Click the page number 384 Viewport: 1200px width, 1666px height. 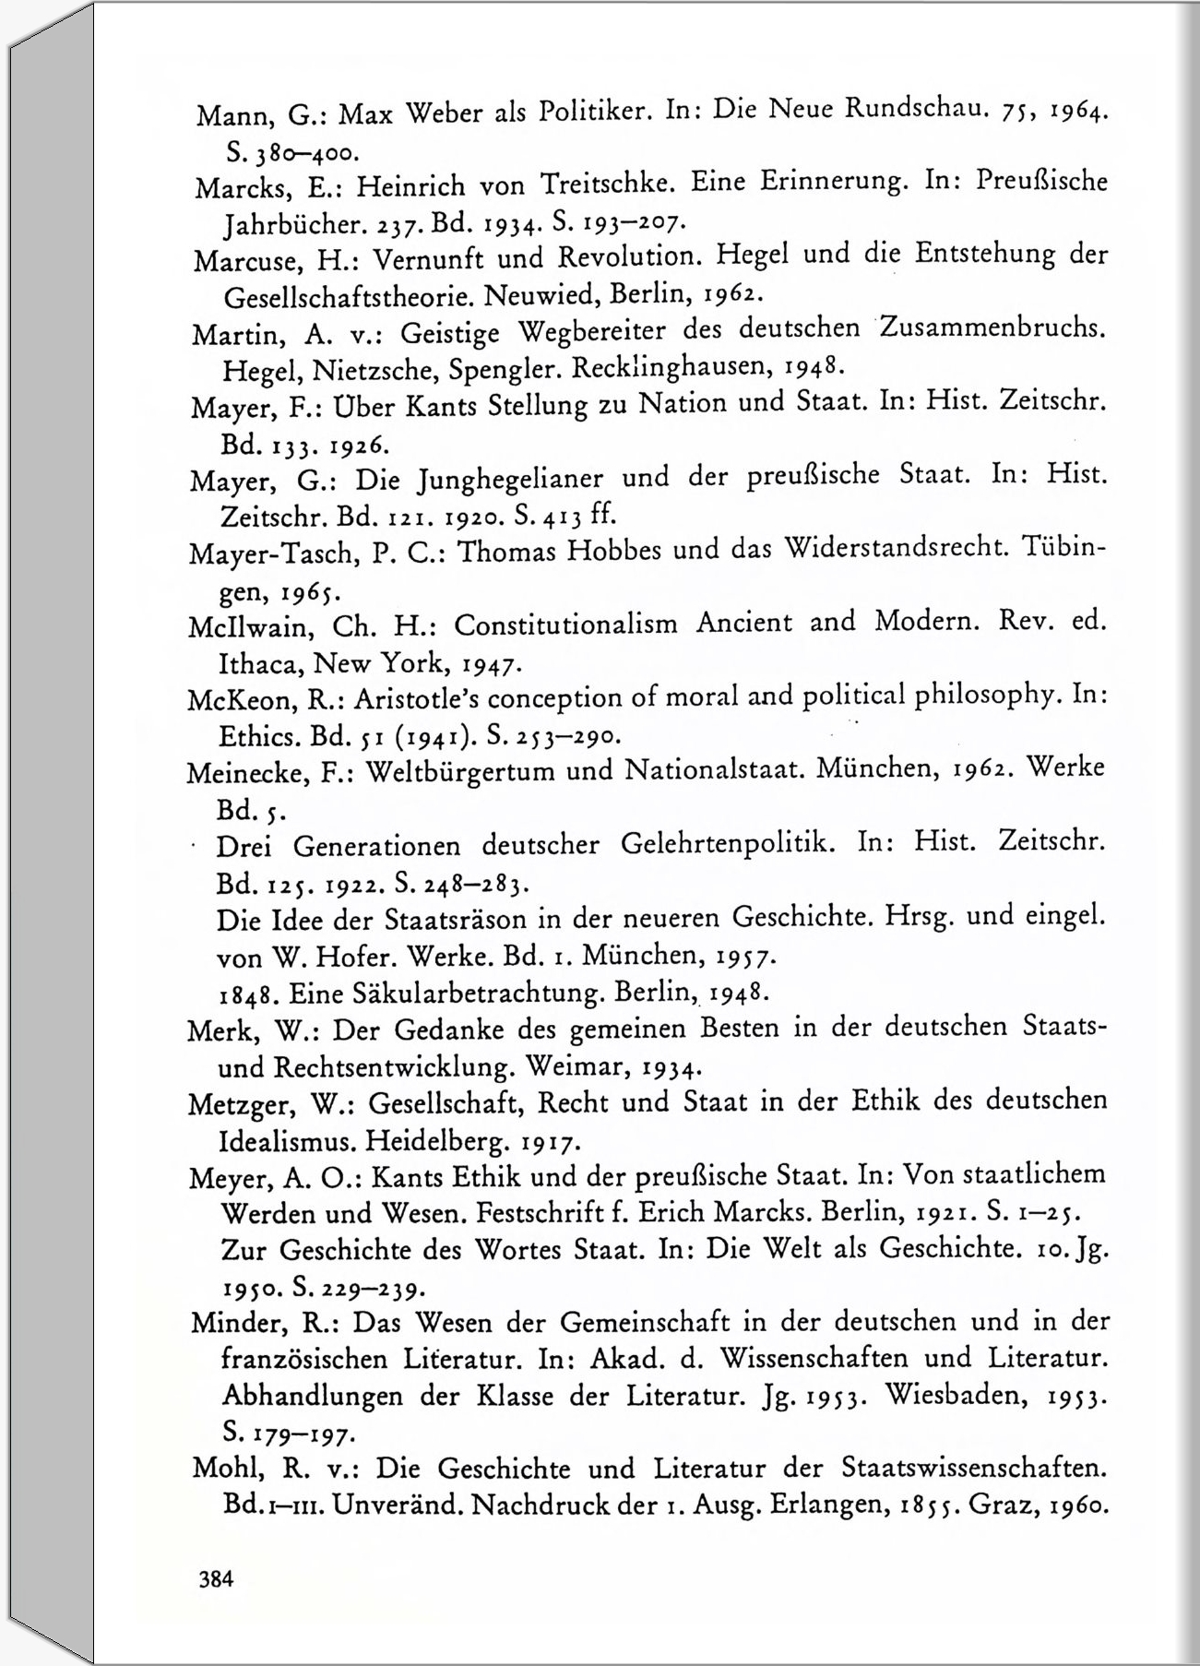point(217,1579)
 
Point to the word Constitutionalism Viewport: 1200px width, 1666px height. point(565,625)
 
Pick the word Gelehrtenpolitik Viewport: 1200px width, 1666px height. point(728,844)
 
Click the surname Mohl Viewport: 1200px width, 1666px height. point(224,1469)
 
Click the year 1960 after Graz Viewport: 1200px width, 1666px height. point(1075,1506)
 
